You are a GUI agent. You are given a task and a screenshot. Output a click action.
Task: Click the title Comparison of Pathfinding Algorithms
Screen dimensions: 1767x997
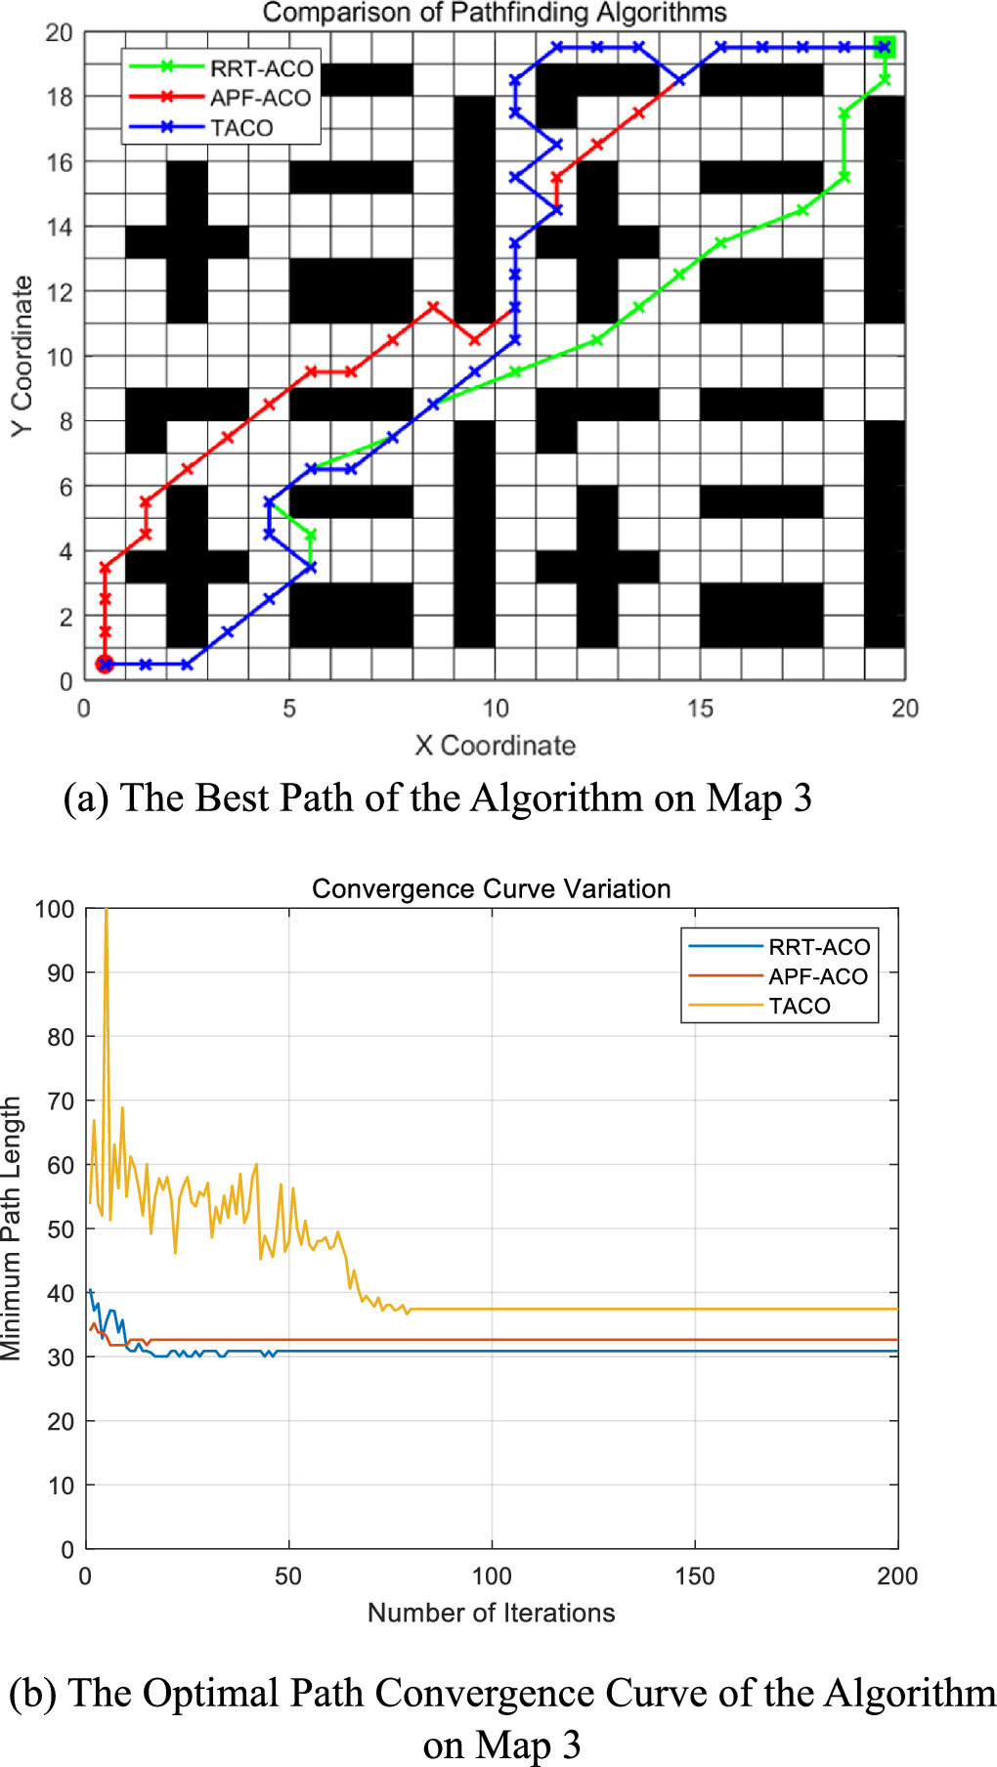pos(495,13)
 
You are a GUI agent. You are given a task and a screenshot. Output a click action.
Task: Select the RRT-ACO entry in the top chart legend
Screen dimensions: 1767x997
pos(260,68)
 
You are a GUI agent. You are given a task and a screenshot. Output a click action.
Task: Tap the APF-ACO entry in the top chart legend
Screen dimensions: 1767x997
pos(259,98)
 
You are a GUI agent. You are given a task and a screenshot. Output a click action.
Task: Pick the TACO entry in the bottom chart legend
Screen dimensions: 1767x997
pos(799,1006)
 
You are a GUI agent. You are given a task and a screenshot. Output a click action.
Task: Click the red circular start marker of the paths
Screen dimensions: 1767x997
pos(105,665)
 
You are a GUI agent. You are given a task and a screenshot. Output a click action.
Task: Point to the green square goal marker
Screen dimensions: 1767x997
pos(884,47)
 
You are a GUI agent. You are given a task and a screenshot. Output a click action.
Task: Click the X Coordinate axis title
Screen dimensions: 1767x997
pos(495,746)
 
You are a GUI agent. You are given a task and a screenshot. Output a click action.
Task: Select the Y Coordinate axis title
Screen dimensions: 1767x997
pos(22,357)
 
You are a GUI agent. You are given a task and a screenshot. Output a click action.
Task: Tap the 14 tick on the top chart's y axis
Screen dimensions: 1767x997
pos(60,227)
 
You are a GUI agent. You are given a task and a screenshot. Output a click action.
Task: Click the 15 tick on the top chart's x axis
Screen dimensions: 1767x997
pos(700,709)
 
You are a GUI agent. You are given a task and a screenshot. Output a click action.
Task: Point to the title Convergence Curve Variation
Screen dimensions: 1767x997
pos(491,888)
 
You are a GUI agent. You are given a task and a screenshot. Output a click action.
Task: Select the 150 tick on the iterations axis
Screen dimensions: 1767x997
pos(694,1576)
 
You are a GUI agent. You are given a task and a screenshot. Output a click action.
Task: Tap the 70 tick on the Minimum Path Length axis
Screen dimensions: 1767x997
pos(61,1101)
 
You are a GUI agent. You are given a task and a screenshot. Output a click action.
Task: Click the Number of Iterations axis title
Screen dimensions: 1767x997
pos(491,1613)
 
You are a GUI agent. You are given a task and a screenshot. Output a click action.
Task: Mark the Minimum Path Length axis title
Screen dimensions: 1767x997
pos(12,1228)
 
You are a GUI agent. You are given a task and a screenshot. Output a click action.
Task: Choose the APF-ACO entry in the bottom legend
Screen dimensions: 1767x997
pos(817,976)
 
